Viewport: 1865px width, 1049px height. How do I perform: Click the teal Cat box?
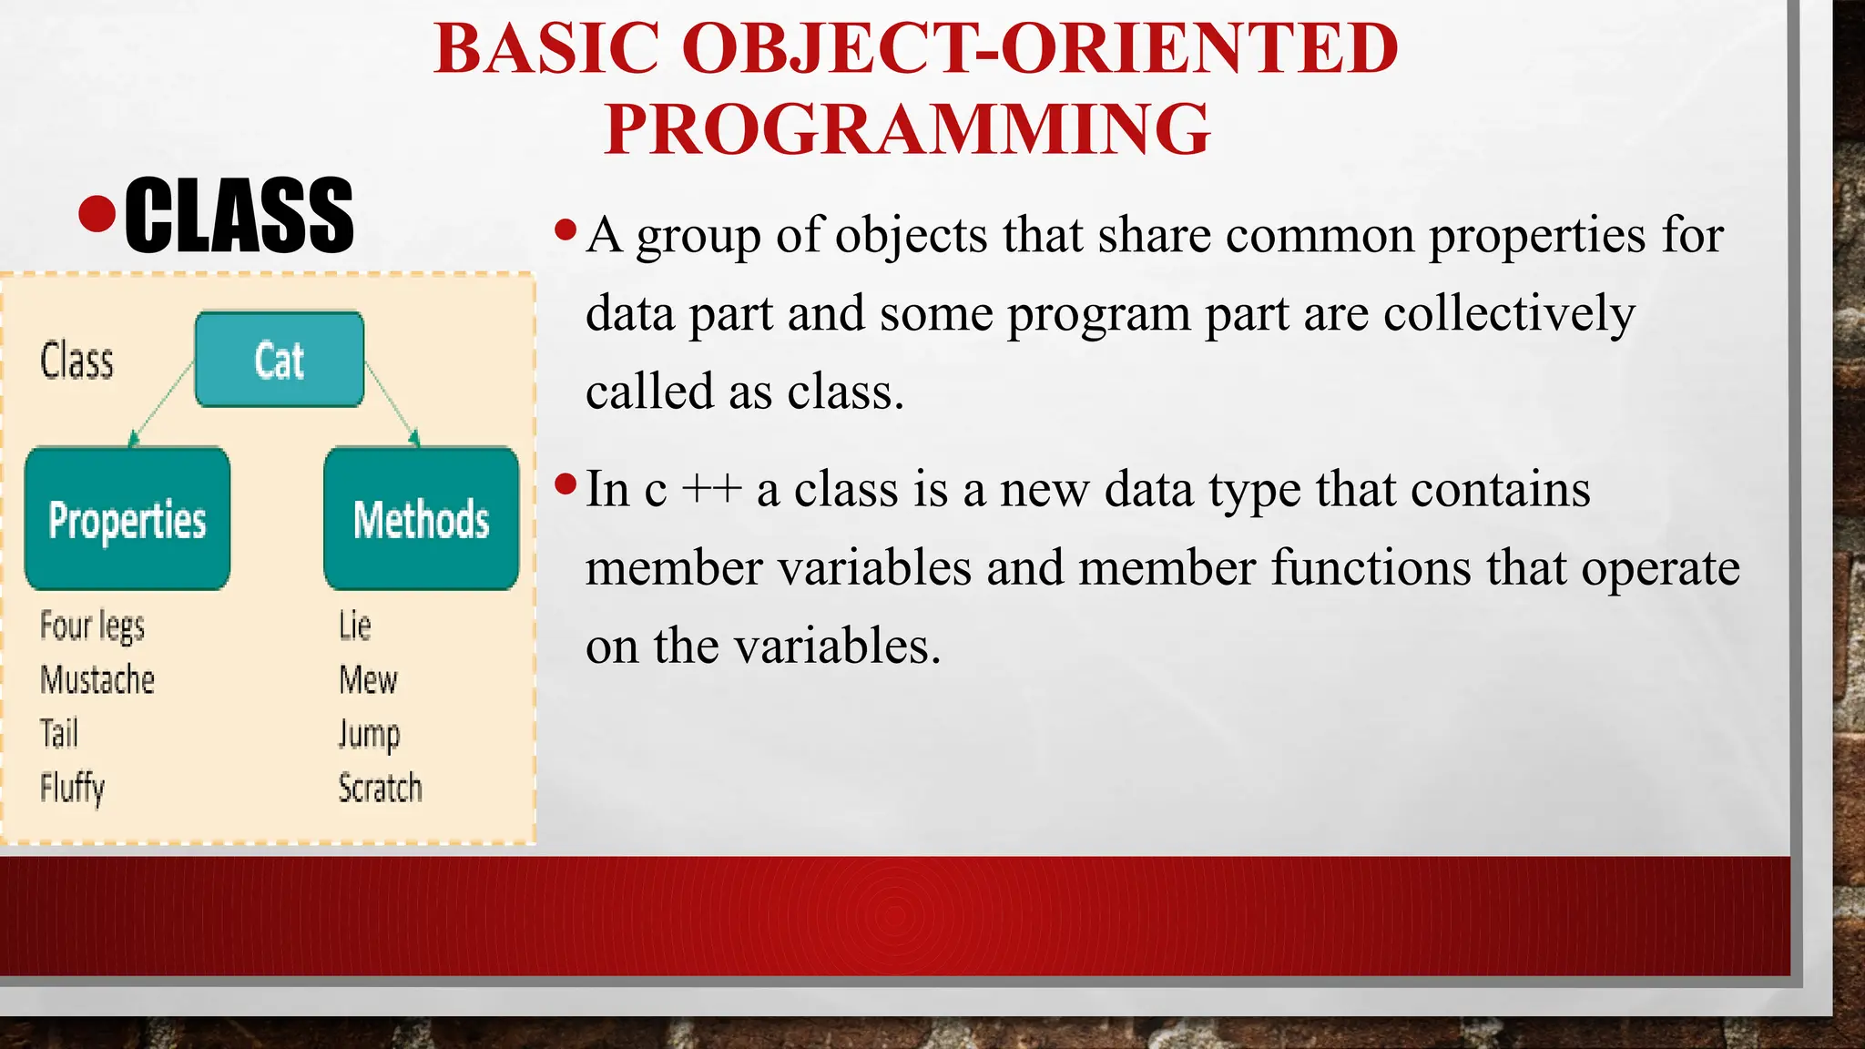click(x=280, y=360)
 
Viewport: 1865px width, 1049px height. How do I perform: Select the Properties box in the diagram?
click(x=127, y=519)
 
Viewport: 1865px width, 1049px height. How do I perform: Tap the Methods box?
click(x=421, y=519)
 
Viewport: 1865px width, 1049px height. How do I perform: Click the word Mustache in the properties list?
click(x=97, y=680)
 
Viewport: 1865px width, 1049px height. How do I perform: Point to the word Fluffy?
click(x=72, y=788)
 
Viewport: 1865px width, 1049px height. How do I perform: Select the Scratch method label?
click(x=380, y=788)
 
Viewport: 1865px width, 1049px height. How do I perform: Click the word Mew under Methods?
click(x=368, y=680)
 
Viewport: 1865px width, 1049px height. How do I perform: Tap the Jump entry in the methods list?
click(x=369, y=734)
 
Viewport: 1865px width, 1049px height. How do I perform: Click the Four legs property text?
click(x=92, y=626)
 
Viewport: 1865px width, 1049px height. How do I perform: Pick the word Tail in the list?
click(x=59, y=734)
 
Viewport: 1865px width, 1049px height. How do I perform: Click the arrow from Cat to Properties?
click(x=162, y=403)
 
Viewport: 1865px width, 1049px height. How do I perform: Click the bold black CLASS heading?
click(x=239, y=217)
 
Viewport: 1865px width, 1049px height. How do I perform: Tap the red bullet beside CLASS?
click(x=97, y=214)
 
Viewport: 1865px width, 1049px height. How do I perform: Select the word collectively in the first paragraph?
click(x=1509, y=314)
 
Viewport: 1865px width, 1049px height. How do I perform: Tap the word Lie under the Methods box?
click(x=354, y=626)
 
